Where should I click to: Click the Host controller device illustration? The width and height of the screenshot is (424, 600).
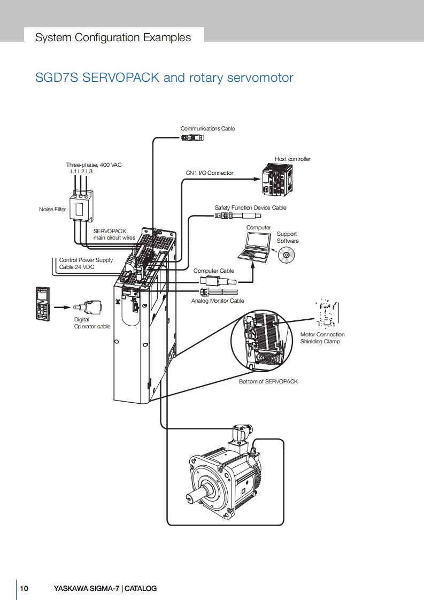coord(279,180)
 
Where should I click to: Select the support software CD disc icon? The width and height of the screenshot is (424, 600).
coord(286,255)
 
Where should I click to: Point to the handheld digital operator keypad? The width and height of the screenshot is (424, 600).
coord(42,304)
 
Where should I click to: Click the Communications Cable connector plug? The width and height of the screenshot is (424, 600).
coord(192,137)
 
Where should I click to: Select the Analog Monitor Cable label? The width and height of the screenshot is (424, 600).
coord(218,301)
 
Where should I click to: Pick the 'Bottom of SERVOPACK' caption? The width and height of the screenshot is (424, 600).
coord(268,381)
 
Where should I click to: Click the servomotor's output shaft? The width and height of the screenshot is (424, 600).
coord(196,495)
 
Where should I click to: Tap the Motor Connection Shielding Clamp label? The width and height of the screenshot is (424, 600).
coord(322,338)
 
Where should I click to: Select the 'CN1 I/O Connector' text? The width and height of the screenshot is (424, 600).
coord(209,173)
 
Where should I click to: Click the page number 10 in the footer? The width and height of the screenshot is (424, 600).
coord(24,589)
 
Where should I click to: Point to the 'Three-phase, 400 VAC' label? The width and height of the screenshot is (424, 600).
coord(94,165)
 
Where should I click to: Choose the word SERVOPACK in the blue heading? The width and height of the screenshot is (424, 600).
coord(120,78)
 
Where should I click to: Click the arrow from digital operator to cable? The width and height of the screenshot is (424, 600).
coord(63,307)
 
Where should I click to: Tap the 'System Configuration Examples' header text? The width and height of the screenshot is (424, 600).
coord(113,37)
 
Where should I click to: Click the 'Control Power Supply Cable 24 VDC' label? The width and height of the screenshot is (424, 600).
coord(86,264)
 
